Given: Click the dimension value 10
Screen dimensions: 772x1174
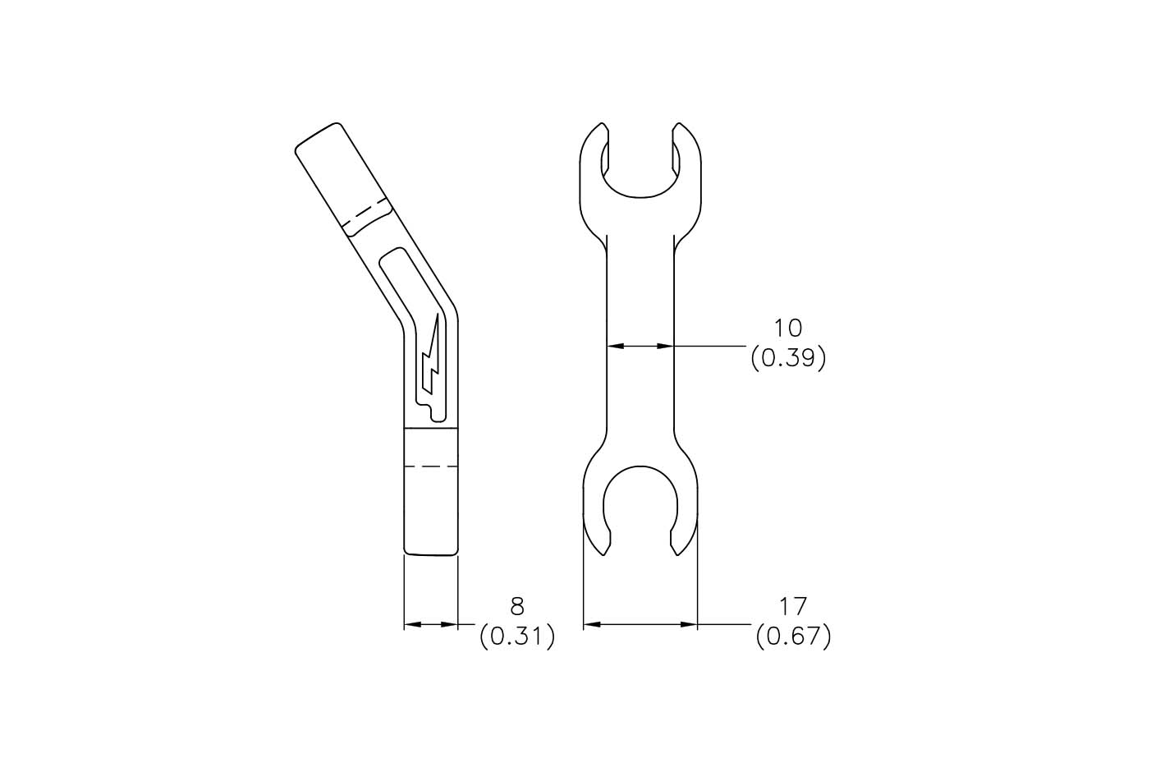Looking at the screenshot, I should click(x=787, y=329).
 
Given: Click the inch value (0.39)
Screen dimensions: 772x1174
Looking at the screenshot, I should click(x=787, y=359).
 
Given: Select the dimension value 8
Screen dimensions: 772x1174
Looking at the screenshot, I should click(x=516, y=606).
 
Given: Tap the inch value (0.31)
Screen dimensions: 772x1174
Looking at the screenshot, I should click(x=517, y=636).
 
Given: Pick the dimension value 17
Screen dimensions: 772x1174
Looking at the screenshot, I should click(x=793, y=606).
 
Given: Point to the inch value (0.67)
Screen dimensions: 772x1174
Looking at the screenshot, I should click(x=793, y=636).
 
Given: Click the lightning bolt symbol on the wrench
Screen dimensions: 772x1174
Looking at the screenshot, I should click(x=431, y=357).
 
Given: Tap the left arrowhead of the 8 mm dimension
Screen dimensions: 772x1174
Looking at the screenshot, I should click(x=411, y=625).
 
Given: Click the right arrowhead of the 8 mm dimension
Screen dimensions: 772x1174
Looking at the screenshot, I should click(x=450, y=625).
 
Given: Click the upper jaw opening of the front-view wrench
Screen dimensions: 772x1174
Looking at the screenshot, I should click(x=640, y=164).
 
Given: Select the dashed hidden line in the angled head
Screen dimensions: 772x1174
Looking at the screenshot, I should click(x=364, y=210).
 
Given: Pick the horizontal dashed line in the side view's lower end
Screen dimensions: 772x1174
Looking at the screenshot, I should click(x=430, y=466).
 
